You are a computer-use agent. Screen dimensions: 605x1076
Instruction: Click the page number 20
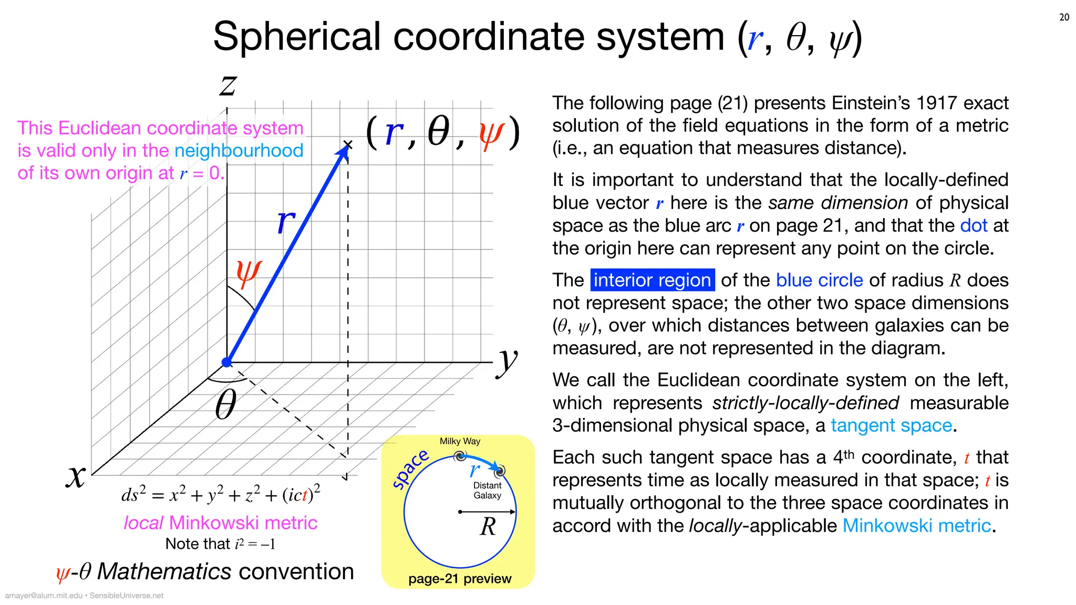pos(1064,17)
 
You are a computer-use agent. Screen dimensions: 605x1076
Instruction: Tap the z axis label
pos(229,85)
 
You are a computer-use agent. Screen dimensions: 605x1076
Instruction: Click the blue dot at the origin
pos(227,362)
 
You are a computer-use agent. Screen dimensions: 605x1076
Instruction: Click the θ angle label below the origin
pos(226,405)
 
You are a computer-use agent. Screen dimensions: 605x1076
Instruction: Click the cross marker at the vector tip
pos(348,144)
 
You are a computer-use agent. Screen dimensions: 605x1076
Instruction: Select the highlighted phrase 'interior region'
pos(652,280)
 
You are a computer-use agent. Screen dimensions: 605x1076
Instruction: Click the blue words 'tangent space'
pos(891,425)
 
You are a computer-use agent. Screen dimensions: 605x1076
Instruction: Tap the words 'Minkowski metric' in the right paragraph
pos(916,526)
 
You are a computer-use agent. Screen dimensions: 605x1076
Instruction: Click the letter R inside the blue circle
pos(488,526)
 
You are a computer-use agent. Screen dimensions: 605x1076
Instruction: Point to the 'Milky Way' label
pos(460,441)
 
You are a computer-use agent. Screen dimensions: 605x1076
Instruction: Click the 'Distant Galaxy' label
pos(487,491)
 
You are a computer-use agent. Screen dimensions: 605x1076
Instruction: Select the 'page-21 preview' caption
pos(460,579)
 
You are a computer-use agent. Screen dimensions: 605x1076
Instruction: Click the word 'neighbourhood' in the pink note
pos(239,151)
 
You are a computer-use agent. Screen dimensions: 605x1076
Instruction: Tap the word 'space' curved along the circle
pos(410,468)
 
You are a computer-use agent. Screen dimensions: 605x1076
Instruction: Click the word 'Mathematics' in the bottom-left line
pos(164,571)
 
